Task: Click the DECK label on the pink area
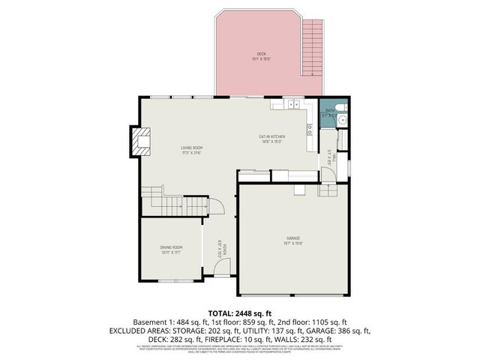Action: pos(261,55)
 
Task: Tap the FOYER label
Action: pos(222,248)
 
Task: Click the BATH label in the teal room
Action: pos(329,115)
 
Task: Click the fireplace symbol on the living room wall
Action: pos(139,142)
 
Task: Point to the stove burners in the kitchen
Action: pos(310,129)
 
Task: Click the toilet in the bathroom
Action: pos(341,117)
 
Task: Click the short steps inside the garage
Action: pos(328,190)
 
